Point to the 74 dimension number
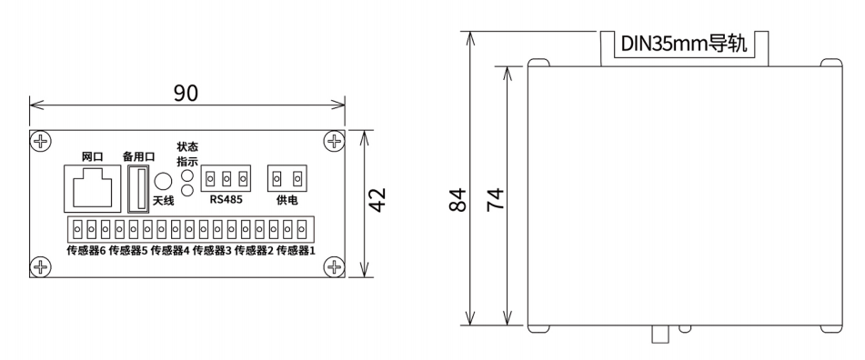tap(495, 199)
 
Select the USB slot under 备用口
tap(139, 187)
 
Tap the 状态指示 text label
tap(186, 154)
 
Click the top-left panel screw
tap(40, 141)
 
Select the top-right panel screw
tap(334, 141)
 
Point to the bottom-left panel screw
tap(40, 266)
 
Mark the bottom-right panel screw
tap(334, 266)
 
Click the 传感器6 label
tap(85, 250)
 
